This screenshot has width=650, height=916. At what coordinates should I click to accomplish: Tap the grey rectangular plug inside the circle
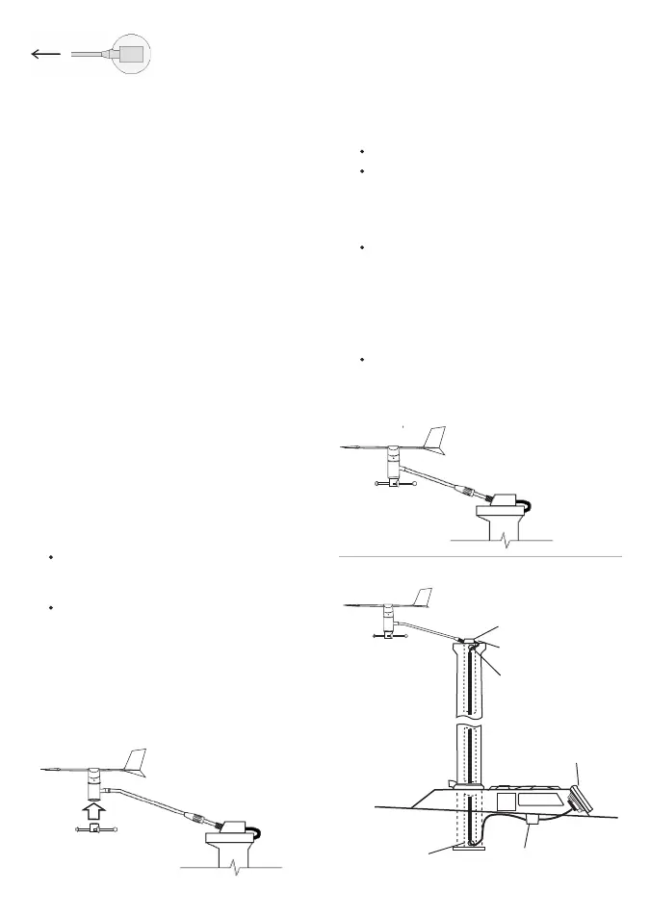tap(132, 54)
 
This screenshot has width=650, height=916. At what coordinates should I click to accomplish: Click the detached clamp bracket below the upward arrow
tap(96, 829)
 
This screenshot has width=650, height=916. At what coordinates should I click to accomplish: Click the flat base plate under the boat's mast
tap(467, 847)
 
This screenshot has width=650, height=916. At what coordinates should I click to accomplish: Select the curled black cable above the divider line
tap(525, 504)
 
